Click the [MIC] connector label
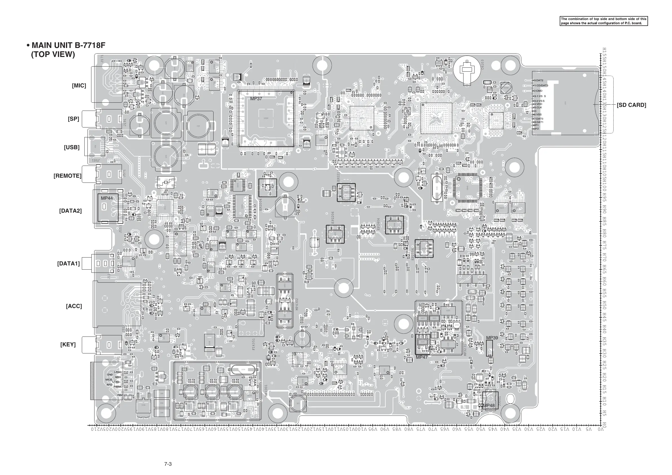(x=79, y=86)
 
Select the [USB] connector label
(x=72, y=148)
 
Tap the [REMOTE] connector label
(x=67, y=176)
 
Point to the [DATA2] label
(x=70, y=211)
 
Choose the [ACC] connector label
(x=74, y=306)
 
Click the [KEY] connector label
(x=68, y=344)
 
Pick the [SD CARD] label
(x=631, y=105)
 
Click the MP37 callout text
(x=256, y=99)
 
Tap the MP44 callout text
(x=107, y=198)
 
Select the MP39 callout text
(x=492, y=338)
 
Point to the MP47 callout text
(x=422, y=357)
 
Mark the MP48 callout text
(x=489, y=406)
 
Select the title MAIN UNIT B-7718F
(x=68, y=45)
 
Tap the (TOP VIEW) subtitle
(x=53, y=54)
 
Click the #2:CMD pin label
(x=537, y=91)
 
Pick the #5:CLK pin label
(x=537, y=107)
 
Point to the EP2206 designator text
(x=333, y=218)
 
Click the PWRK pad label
(x=118, y=387)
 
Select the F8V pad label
(x=120, y=395)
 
